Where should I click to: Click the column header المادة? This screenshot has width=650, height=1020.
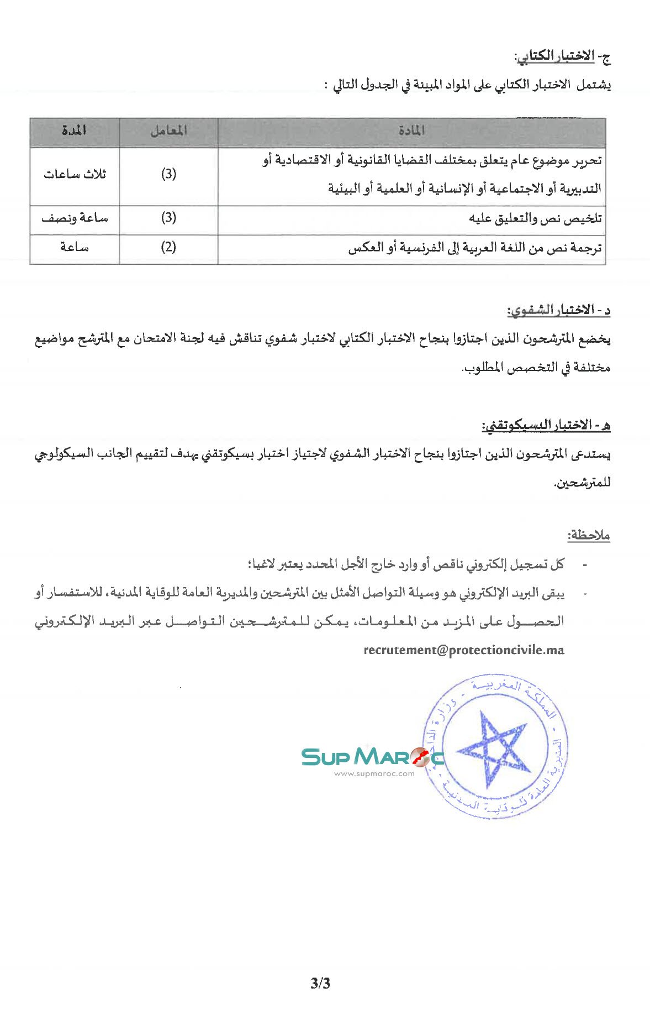click(x=411, y=131)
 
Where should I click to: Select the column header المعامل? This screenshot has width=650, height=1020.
click(x=168, y=131)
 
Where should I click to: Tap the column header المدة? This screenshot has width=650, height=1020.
click(x=74, y=131)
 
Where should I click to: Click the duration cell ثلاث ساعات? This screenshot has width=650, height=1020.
click(x=75, y=175)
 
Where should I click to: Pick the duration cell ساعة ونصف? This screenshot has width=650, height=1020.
click(x=75, y=218)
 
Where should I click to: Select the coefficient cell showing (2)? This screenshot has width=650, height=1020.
click(x=168, y=247)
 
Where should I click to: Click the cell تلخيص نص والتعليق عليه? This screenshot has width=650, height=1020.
click(x=535, y=219)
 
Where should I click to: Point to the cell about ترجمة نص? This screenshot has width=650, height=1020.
click(x=474, y=248)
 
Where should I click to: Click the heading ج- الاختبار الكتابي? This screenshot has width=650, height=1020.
click(x=562, y=56)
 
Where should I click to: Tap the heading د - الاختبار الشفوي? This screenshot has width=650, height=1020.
click(x=558, y=310)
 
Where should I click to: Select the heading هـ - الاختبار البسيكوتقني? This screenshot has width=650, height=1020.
click(x=546, y=425)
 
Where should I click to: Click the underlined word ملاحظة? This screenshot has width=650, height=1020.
click(x=588, y=535)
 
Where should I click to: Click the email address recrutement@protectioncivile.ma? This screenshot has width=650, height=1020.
click(x=464, y=650)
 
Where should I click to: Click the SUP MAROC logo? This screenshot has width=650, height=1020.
click(x=372, y=756)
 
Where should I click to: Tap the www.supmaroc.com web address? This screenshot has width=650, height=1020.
click(x=374, y=773)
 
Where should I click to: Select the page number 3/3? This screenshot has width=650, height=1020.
click(x=320, y=983)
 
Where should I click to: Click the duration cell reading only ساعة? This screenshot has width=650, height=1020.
click(x=75, y=247)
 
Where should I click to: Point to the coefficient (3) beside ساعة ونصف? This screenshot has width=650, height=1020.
click(x=168, y=218)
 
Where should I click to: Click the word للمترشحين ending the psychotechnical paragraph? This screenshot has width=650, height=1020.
click(x=582, y=483)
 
